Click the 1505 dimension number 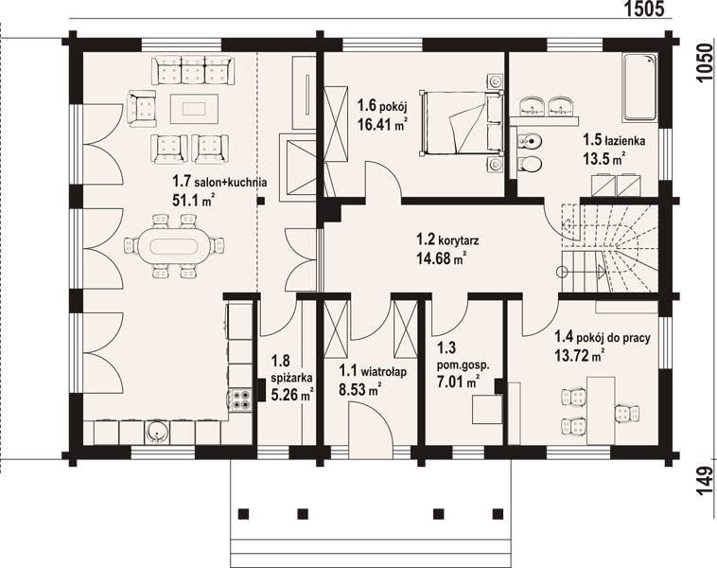[x=644, y=9]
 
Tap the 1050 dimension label [x=705, y=63]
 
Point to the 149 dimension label [x=705, y=482]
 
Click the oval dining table [x=174, y=245]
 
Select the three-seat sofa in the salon [x=193, y=69]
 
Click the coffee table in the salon [x=194, y=109]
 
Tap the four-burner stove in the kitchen [x=240, y=399]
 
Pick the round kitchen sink [x=157, y=433]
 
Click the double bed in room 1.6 [x=462, y=122]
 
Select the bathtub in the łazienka [x=639, y=87]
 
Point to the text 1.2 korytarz [x=447, y=240]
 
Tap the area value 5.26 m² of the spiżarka [x=291, y=394]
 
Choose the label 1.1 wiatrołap [x=373, y=371]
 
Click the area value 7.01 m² [x=458, y=381]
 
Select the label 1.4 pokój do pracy [x=603, y=337]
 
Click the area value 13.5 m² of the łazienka [x=603, y=158]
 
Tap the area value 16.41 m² [x=382, y=124]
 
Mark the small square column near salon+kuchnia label [x=261, y=200]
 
